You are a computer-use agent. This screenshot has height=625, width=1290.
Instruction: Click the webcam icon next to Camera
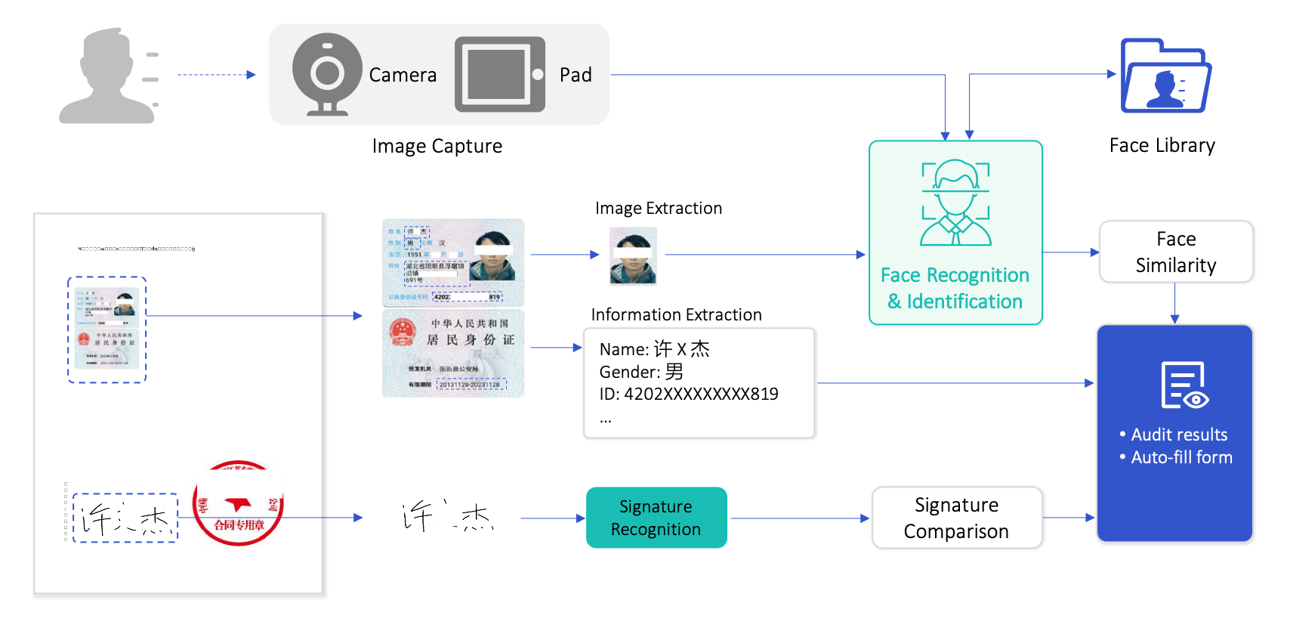pos(327,74)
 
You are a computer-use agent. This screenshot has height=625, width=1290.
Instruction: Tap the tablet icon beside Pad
pos(499,74)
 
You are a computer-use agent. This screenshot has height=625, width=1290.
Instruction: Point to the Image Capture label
pos(437,146)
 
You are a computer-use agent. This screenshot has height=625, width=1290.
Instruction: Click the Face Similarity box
pos(1175,252)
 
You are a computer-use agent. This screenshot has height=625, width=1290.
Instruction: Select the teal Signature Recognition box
pos(656,518)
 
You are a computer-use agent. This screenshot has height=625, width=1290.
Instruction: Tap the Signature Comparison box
pos(956,518)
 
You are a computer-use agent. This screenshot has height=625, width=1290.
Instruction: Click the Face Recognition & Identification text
pos(955,288)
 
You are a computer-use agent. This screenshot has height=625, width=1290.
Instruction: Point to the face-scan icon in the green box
pos(955,203)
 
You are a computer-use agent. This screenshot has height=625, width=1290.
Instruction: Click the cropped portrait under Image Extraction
pos(633,255)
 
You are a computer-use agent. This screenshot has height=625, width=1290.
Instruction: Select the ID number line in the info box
pos(689,394)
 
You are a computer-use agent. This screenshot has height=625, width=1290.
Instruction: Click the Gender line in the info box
pos(641,372)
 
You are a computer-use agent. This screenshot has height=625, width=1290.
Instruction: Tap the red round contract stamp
pos(238,503)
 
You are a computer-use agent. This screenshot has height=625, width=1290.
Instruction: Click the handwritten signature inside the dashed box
pos(125,518)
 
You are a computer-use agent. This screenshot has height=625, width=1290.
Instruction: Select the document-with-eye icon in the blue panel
pos(1184,385)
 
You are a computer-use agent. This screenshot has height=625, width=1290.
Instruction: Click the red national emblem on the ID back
pos(403,332)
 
